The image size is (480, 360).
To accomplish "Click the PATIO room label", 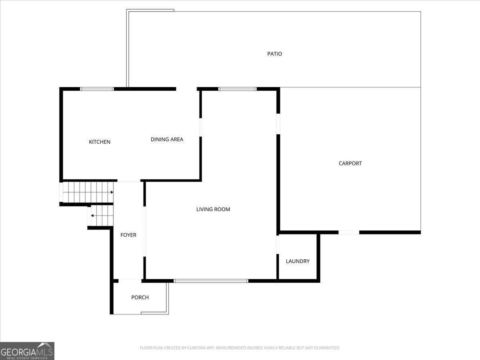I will point(274,54).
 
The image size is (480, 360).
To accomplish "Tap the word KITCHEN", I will point(100,142).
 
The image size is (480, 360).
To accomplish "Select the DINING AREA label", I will point(167,140).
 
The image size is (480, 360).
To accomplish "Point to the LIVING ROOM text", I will point(213,209).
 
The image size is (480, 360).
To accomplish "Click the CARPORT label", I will point(350,163).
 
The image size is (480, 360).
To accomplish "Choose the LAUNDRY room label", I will point(298,261).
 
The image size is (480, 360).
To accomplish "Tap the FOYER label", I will point(128,235).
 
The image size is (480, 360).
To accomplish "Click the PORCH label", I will point(140,297).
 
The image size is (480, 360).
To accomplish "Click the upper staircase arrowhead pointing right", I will point(112,192).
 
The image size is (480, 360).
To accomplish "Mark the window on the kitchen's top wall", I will point(97,89).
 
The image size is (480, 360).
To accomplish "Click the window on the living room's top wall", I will point(237,89).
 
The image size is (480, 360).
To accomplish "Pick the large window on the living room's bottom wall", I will point(211,281).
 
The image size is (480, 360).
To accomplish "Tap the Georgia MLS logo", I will point(27,351).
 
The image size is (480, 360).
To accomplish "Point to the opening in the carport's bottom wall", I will point(349,232).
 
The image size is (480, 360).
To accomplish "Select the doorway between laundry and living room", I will point(278,245).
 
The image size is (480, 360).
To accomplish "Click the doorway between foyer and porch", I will point(130,281).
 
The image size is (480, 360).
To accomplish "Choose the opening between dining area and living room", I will point(200,127).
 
